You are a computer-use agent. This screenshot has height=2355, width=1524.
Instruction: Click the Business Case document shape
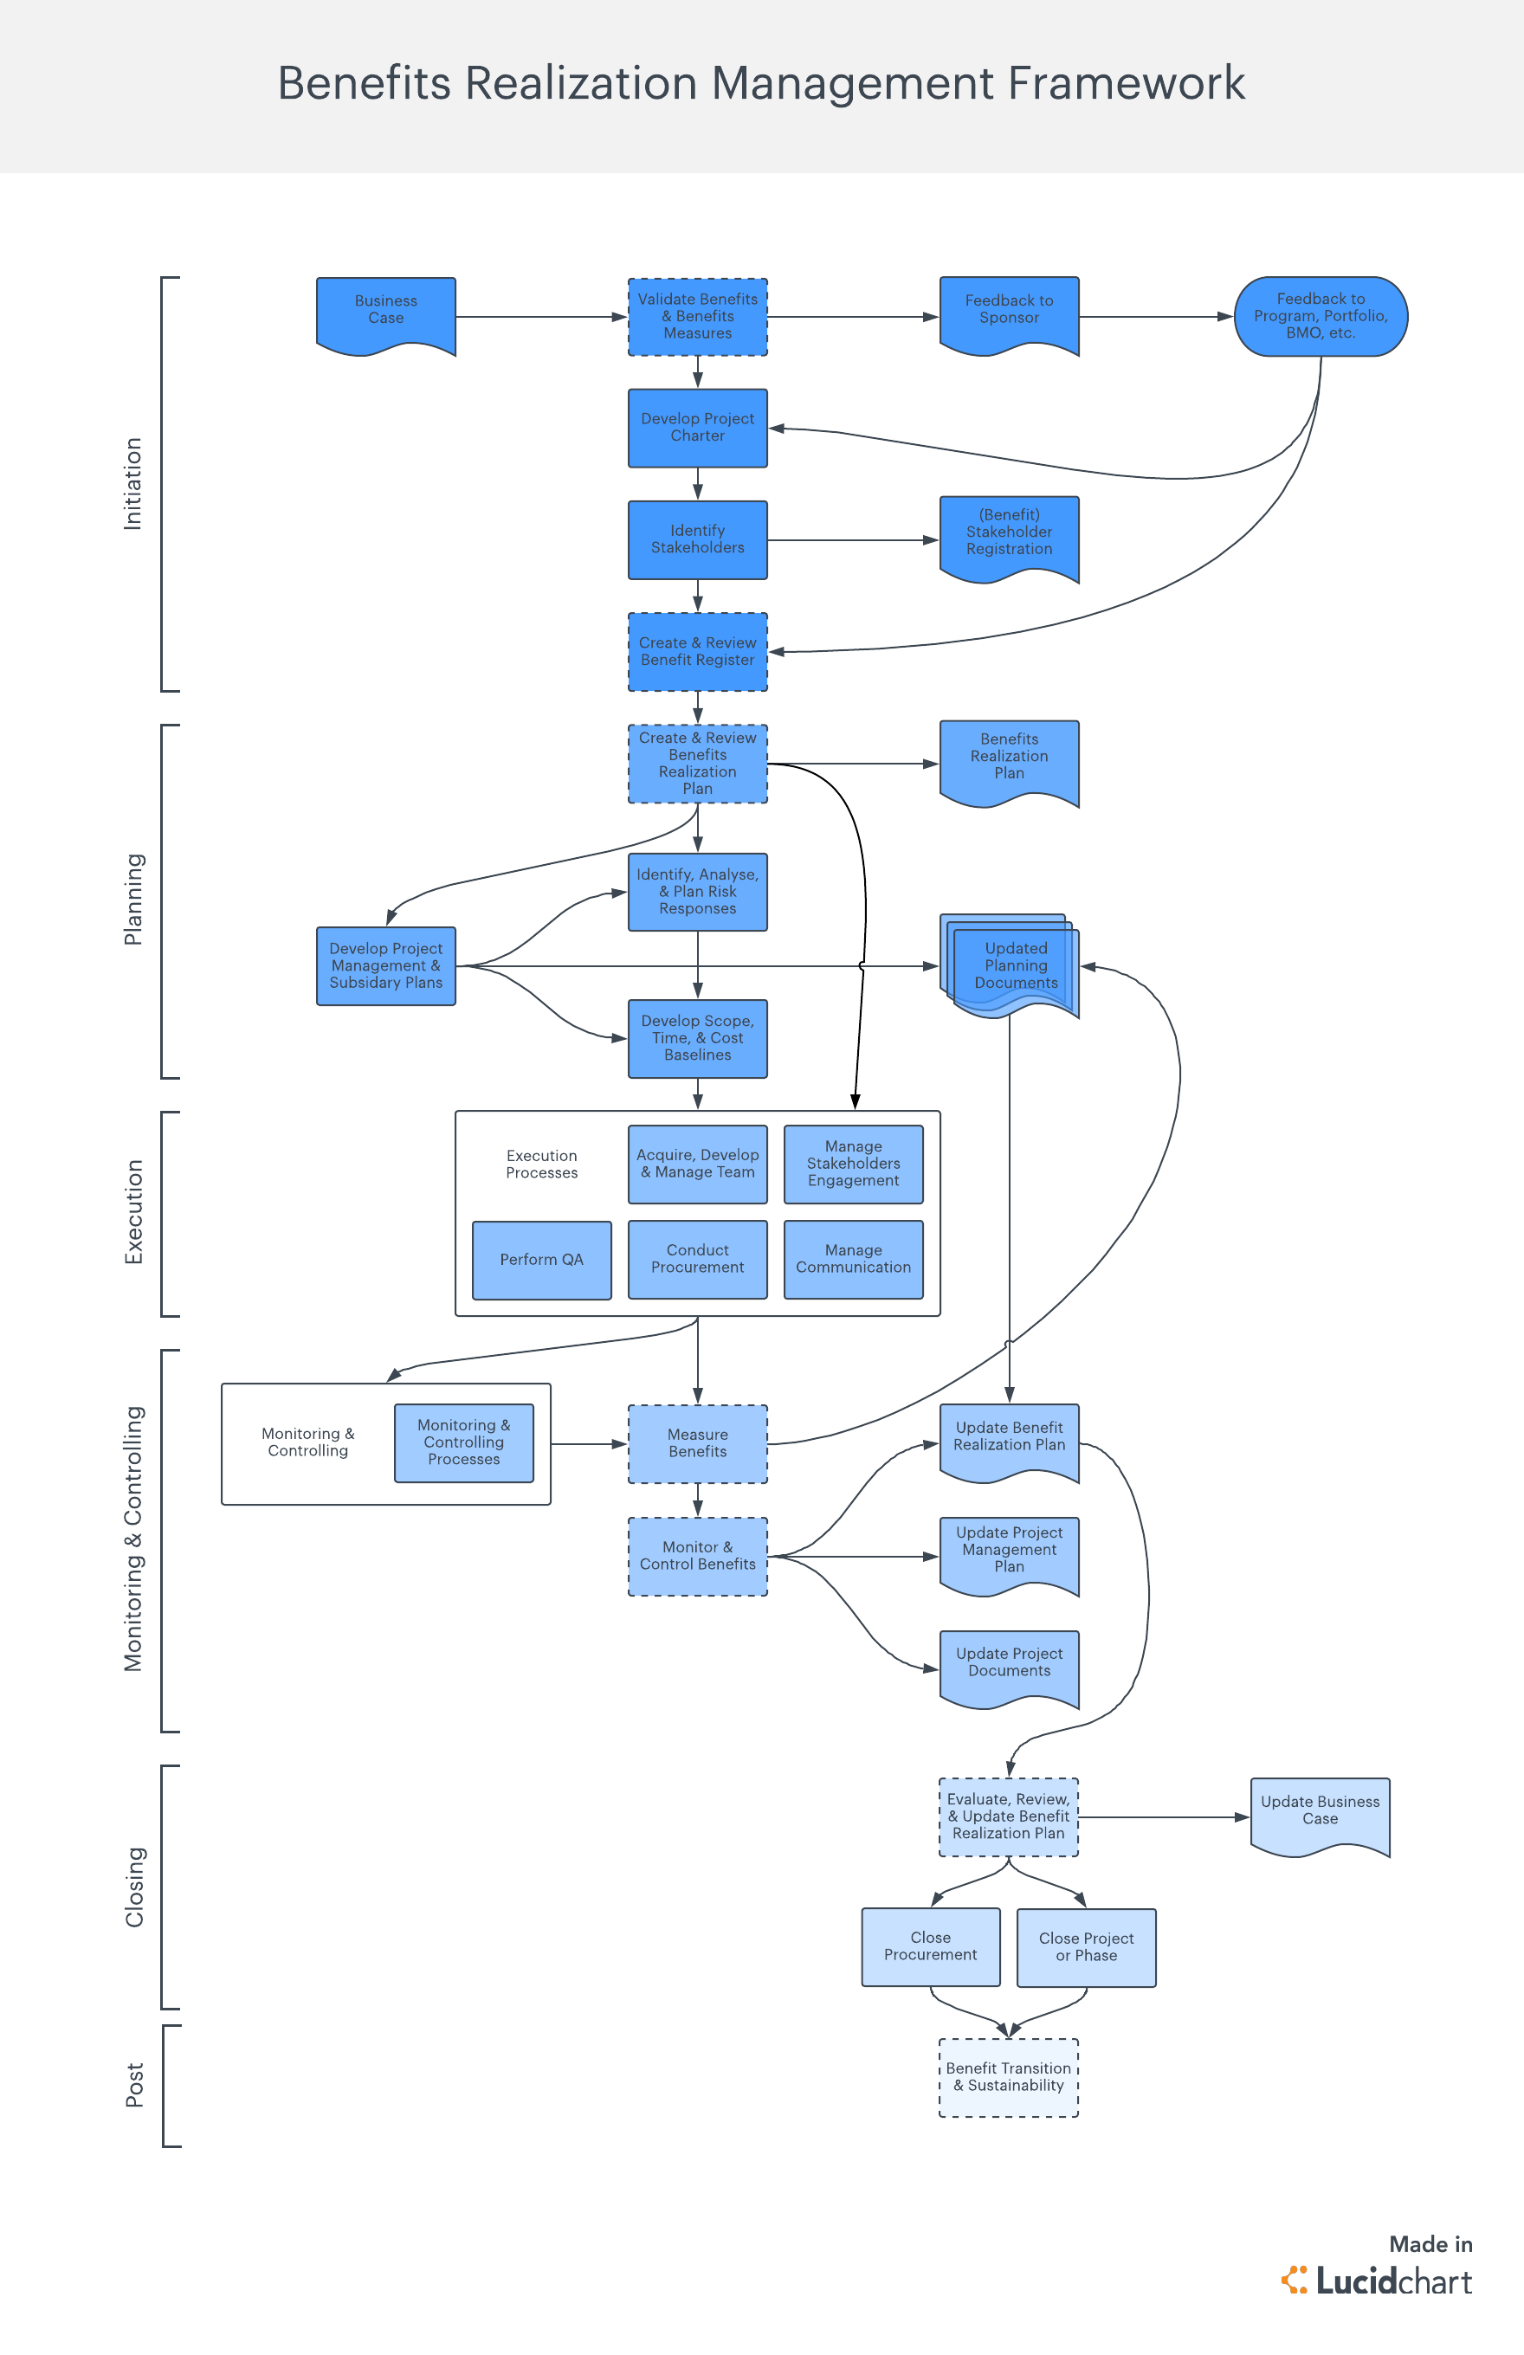click(x=385, y=312)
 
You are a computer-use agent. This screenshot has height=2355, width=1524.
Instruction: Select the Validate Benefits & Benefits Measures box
click(x=697, y=317)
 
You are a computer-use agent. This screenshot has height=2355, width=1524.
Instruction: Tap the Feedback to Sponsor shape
click(x=1009, y=312)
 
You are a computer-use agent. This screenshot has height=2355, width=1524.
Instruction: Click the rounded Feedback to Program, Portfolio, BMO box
click(x=1321, y=317)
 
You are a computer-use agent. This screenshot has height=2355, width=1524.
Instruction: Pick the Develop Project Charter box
click(x=697, y=428)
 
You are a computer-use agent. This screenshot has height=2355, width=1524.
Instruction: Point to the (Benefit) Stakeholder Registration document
click(x=1009, y=534)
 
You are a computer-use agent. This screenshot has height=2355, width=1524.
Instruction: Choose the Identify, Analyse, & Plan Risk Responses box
click(x=697, y=892)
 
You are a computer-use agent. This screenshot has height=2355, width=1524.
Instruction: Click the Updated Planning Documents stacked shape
click(x=1011, y=965)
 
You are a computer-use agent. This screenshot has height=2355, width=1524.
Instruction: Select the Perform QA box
click(x=541, y=1260)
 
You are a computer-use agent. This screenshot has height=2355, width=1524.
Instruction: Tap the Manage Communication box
click(x=853, y=1260)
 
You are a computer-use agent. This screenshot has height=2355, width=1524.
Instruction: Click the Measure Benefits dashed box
click(x=697, y=1443)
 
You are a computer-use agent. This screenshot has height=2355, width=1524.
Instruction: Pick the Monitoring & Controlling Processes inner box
click(x=463, y=1442)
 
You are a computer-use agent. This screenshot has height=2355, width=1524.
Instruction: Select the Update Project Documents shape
click(x=1009, y=1664)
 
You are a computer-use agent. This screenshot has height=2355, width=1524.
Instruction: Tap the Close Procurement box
click(x=930, y=1946)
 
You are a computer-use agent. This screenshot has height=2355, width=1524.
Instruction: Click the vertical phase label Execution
click(x=133, y=1212)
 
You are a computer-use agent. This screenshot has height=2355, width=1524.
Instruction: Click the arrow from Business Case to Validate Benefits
click(x=540, y=317)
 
